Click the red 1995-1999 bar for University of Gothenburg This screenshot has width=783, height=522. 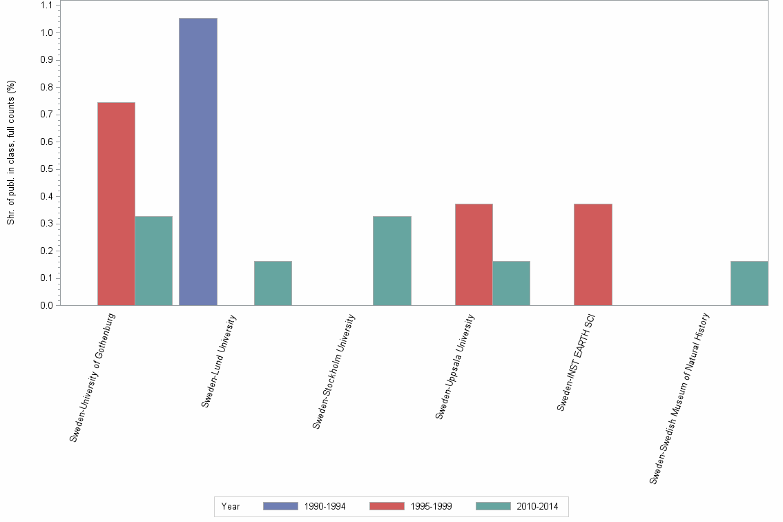point(116,204)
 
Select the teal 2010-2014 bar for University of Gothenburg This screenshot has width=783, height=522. point(153,260)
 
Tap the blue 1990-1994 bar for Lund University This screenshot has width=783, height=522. point(197,162)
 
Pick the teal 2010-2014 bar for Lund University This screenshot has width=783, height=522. point(273,283)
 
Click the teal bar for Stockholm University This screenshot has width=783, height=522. point(391,260)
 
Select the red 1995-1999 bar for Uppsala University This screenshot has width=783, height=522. point(474,254)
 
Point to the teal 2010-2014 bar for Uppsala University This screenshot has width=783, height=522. point(511,283)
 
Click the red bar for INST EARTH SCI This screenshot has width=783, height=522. point(592,254)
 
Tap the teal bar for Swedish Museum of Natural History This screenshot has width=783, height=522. point(748,283)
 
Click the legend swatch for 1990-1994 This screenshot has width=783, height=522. point(280,506)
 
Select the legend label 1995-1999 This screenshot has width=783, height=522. point(431,506)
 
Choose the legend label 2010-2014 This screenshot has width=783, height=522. point(537,506)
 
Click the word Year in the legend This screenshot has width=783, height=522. point(231,506)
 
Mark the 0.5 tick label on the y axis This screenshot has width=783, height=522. point(46,169)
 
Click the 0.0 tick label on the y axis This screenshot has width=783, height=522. point(46,305)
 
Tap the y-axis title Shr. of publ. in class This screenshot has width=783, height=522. point(11,153)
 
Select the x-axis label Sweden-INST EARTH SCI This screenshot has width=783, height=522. point(576,363)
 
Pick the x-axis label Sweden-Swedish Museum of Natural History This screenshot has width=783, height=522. point(680,398)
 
